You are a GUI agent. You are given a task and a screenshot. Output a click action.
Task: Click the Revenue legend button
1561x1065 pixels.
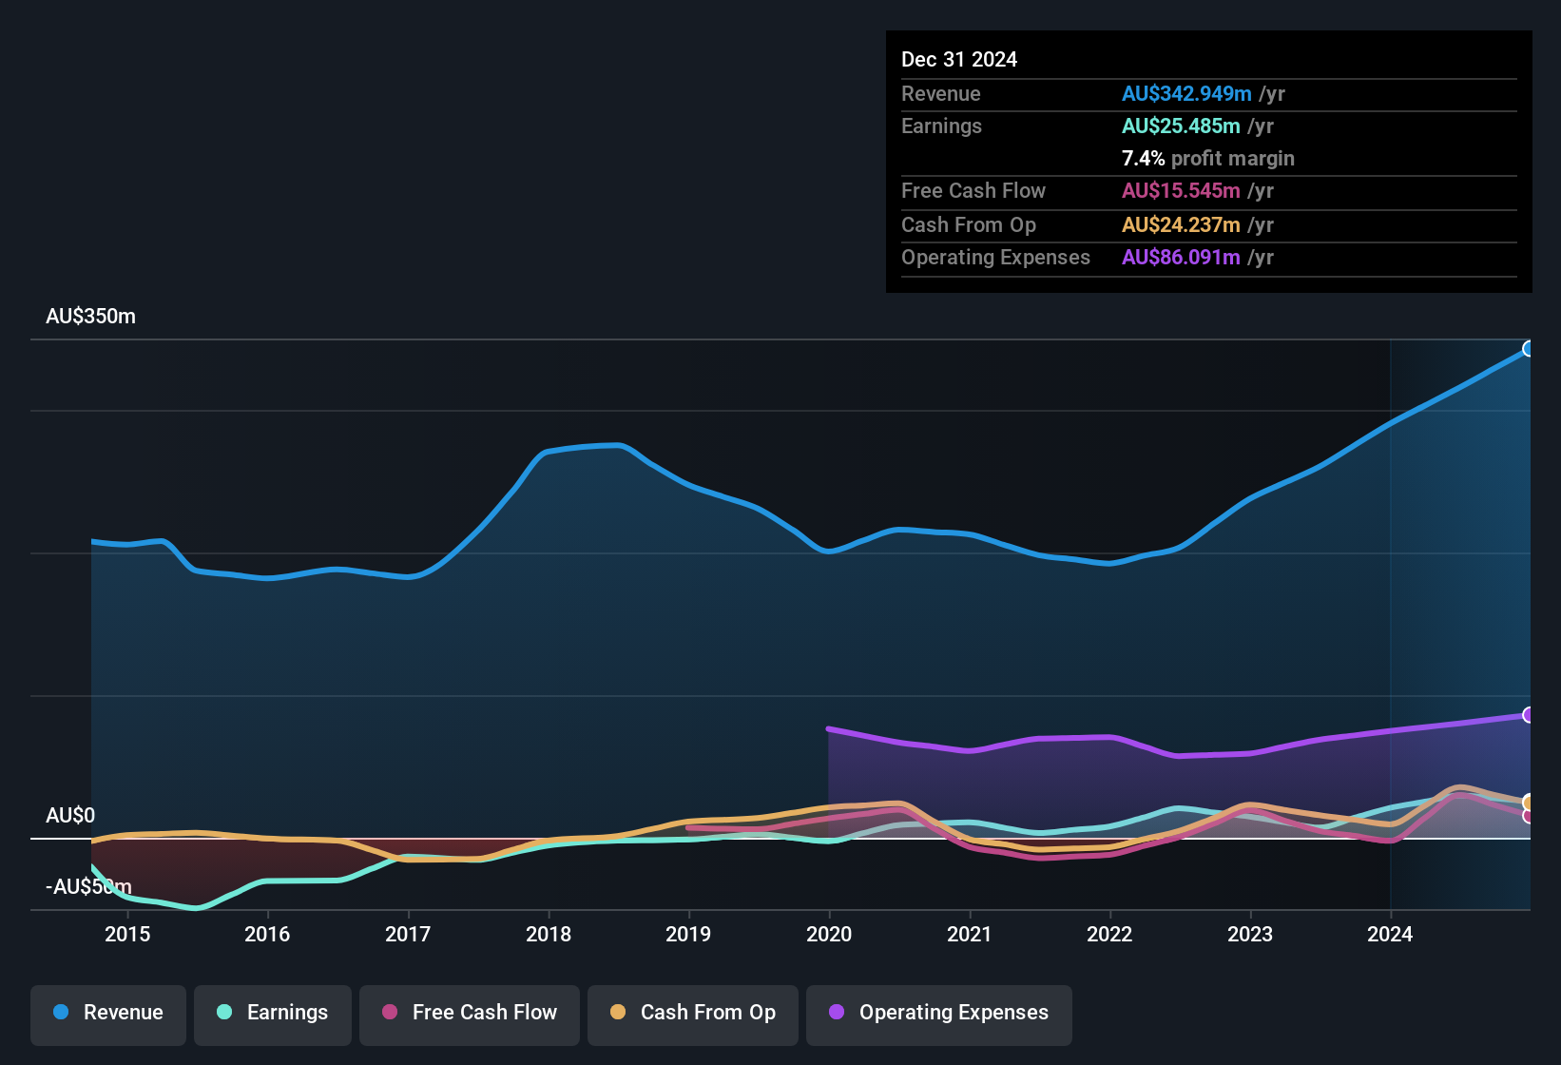[107, 1013]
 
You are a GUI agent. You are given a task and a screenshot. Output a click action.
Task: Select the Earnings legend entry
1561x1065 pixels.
[272, 1013]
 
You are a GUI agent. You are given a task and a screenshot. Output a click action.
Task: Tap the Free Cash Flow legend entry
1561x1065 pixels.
[469, 1013]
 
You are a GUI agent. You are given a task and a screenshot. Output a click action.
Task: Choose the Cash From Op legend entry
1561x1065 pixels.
[692, 1013]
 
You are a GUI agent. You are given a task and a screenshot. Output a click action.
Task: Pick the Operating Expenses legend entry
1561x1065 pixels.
[938, 1013]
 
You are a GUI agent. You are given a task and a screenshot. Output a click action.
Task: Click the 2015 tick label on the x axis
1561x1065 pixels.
[127, 935]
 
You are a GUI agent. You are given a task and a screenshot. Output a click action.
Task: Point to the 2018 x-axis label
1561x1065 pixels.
[549, 935]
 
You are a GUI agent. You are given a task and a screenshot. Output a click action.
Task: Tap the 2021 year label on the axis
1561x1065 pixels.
[969, 935]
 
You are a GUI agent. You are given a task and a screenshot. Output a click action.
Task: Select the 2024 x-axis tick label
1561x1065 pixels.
[1389, 935]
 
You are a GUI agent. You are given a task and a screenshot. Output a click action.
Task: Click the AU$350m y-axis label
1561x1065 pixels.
[90, 317]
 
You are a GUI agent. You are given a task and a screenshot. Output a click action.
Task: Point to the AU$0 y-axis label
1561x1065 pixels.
[70, 816]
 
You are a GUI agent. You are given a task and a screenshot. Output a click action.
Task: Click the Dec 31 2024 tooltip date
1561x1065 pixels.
[958, 60]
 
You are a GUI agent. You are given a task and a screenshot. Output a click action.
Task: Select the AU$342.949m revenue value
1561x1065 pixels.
[1185, 94]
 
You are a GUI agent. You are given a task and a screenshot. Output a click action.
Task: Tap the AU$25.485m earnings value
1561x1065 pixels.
[1180, 126]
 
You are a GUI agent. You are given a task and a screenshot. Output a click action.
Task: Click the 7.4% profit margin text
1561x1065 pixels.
[1207, 159]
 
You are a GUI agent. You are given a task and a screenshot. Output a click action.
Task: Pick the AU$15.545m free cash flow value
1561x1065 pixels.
[1180, 191]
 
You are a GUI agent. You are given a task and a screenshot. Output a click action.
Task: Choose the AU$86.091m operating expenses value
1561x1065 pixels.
[1180, 258]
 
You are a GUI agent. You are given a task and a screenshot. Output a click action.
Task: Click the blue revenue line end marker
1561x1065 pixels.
[1528, 349]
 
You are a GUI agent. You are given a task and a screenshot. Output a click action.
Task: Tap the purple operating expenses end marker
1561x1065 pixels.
[1528, 715]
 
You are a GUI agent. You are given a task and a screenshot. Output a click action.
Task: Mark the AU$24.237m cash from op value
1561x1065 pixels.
[1180, 225]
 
